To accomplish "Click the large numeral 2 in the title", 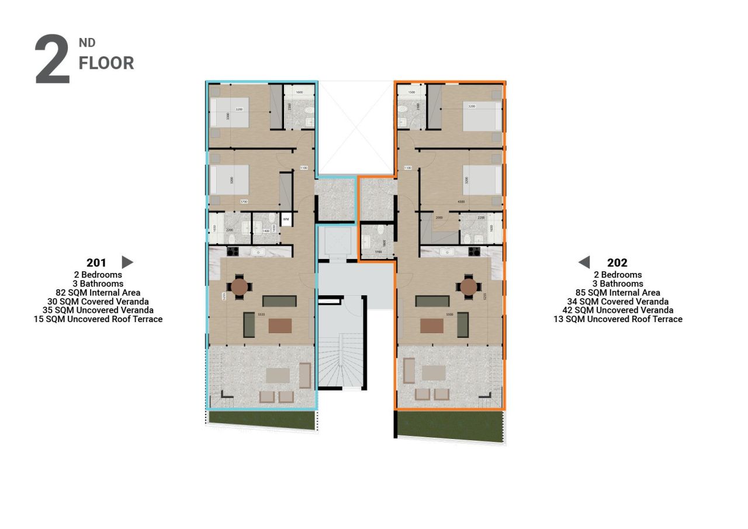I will click(53, 60).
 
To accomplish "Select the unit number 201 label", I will click(96, 262).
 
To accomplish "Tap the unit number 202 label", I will click(617, 262).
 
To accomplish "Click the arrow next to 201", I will click(127, 262).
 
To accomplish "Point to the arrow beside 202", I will click(584, 262).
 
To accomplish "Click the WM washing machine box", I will click(286, 219).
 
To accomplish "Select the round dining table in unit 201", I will click(240, 286).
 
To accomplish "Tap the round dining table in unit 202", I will click(469, 286).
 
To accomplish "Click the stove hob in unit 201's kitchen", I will click(232, 252).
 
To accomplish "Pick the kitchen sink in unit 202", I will click(448, 252).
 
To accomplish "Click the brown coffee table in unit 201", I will click(280, 326).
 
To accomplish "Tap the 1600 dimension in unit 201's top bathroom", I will click(299, 92).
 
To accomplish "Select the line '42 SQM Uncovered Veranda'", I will click(618, 310).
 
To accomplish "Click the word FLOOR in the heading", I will click(106, 63).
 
